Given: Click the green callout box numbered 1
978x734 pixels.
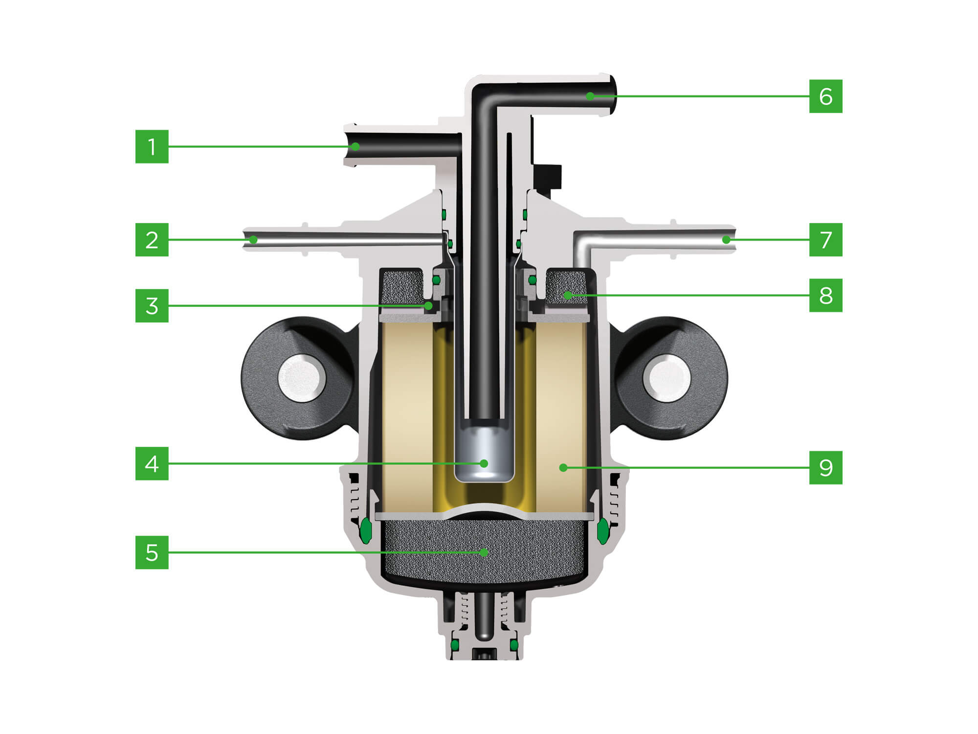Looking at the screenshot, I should coord(152,146).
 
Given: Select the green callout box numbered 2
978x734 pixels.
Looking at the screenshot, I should coord(152,240).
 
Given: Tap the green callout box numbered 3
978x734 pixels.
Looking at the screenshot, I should coord(152,306).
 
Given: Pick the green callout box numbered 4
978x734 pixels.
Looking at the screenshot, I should coord(152,463).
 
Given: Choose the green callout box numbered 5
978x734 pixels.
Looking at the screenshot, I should coord(152,552).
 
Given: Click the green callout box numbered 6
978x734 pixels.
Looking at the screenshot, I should coord(825,96).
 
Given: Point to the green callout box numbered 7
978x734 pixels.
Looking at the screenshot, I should coord(825,240).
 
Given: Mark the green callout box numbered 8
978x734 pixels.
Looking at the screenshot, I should coord(825,295).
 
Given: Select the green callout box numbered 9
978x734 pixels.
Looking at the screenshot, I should coord(825,468).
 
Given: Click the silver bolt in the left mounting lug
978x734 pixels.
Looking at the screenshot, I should coord(302,378).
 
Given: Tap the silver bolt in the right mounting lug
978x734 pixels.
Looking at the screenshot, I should coord(667,378).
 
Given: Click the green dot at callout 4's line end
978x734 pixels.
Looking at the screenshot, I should coord(484,463).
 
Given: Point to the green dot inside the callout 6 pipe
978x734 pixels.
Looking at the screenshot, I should coord(590,96).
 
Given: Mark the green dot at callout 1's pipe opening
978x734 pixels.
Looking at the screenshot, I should coord(356,146).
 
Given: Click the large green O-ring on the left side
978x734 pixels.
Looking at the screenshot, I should coord(365,530).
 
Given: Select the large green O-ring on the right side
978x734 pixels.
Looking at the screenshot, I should coord(602,530).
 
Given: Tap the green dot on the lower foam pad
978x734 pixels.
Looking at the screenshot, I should coord(484,552).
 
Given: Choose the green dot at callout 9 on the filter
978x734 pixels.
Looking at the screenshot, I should coord(563,468).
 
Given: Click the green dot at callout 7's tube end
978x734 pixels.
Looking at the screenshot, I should coord(726,240).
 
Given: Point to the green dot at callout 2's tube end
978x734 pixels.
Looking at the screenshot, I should coord(253,240).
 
